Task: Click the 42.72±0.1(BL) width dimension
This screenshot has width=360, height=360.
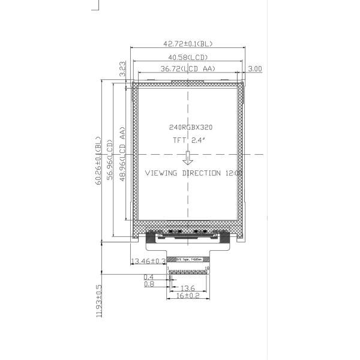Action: coord(188,44)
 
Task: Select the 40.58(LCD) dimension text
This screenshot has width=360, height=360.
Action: coord(188,57)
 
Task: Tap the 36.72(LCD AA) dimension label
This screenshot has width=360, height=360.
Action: coord(188,69)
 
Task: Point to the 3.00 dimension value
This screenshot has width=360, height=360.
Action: coord(255,69)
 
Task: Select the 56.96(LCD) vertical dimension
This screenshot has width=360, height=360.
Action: coord(110,161)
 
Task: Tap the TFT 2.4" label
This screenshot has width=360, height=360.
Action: coord(189,140)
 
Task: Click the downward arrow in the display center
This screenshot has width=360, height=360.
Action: coord(188,158)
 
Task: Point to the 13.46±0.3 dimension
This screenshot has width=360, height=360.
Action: coord(148,261)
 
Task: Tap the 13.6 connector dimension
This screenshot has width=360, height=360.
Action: coord(188,288)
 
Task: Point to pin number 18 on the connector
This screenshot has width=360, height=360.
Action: coord(208,268)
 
